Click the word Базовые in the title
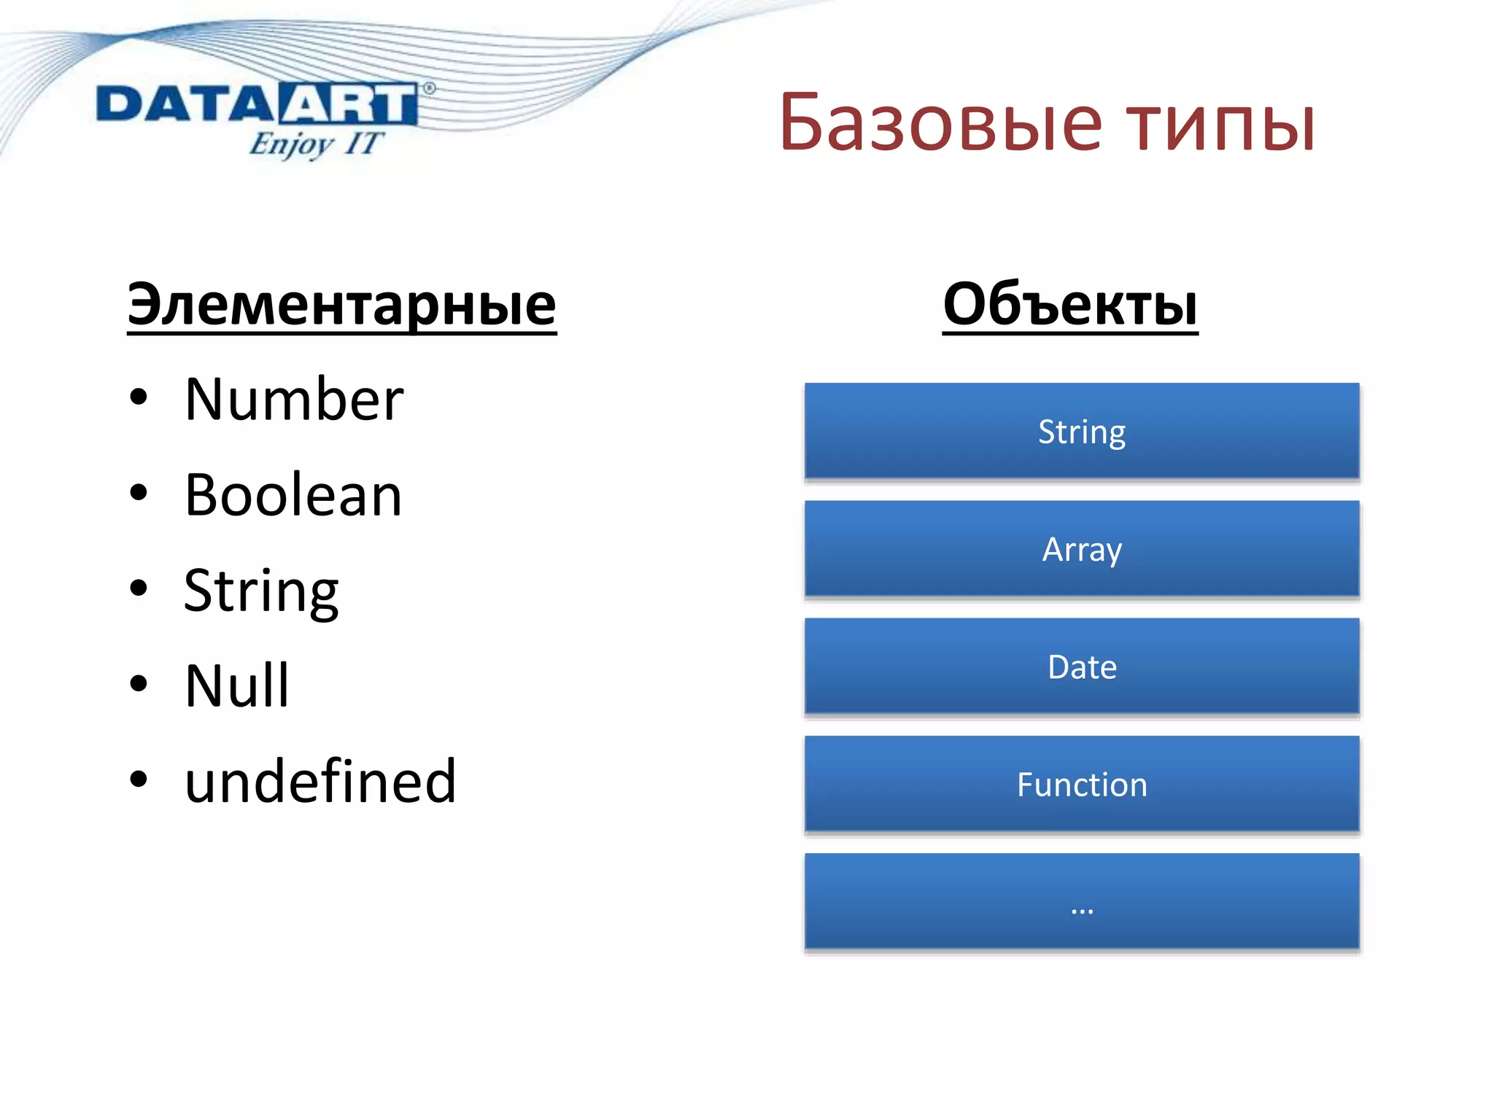pos(941,123)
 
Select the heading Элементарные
pos(341,304)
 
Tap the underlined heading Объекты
pos(1069,304)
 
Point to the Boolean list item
pos(293,495)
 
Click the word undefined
pos(320,781)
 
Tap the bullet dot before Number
pos(138,398)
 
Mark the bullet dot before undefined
pos(138,779)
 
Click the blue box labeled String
pos(1082,431)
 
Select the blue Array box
pos(1082,548)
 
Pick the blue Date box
pos(1082,666)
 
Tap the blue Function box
pos(1082,784)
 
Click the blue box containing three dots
pos(1082,901)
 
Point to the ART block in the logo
pos(347,104)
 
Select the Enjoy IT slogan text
pos(315,144)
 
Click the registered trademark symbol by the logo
pos(429,88)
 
